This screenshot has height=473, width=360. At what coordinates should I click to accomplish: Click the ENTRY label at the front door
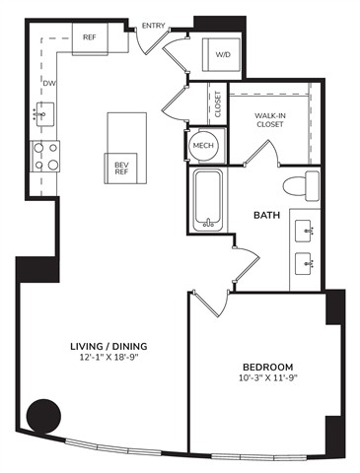pos(153,26)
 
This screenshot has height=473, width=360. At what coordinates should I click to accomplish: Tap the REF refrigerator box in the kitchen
pos(90,37)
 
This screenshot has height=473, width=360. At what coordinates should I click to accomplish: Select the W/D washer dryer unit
pos(221,54)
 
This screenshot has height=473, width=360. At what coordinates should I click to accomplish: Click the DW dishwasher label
pos(49,84)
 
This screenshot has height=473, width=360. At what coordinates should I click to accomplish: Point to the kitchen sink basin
pos(44,114)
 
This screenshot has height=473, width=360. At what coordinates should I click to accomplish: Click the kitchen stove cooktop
pos(45,157)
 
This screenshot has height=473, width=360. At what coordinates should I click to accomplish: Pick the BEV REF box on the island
pos(120,169)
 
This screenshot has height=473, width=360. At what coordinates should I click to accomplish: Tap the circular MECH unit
pos(203,145)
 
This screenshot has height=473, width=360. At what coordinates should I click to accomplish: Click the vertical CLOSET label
pos(218,104)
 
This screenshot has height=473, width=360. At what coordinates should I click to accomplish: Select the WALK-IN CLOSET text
pos(270,120)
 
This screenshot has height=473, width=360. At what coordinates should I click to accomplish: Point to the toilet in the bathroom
pos(301,185)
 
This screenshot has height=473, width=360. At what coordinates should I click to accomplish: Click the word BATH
pos(266,215)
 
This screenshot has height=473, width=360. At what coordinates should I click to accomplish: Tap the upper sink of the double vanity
pos(304,231)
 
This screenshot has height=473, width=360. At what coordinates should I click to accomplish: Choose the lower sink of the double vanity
pos(304,263)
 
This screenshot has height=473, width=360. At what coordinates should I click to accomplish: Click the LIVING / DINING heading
pos(108,346)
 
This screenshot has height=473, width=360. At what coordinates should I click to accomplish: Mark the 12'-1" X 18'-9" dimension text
pos(108,358)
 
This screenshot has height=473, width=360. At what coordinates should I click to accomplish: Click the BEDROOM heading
pos(267,367)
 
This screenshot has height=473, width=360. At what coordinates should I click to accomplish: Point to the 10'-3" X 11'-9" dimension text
pos(268,377)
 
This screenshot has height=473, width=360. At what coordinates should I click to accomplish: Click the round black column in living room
pos(43,416)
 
